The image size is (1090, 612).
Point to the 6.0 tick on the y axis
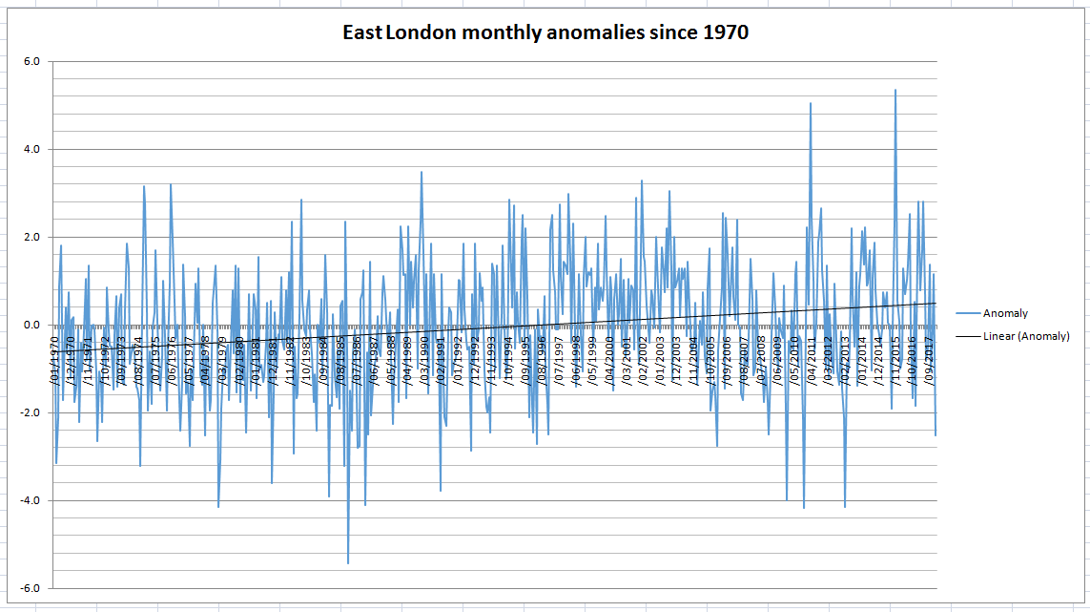[x=31, y=62]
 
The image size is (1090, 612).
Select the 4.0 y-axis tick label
[x=31, y=150]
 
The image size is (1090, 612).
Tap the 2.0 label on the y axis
[x=31, y=238]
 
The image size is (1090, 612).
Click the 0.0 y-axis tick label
[x=31, y=326]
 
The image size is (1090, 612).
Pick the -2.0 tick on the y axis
[x=29, y=413]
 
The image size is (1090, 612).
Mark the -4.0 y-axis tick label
[x=29, y=501]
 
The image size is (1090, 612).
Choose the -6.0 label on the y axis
[x=29, y=589]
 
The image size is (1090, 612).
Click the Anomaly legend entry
[x=1005, y=313]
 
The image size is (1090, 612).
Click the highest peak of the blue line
[x=895, y=91]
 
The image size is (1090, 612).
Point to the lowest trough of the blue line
[x=348, y=562]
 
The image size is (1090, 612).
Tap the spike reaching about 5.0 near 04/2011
[x=811, y=103]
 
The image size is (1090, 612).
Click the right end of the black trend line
[x=936, y=304]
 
